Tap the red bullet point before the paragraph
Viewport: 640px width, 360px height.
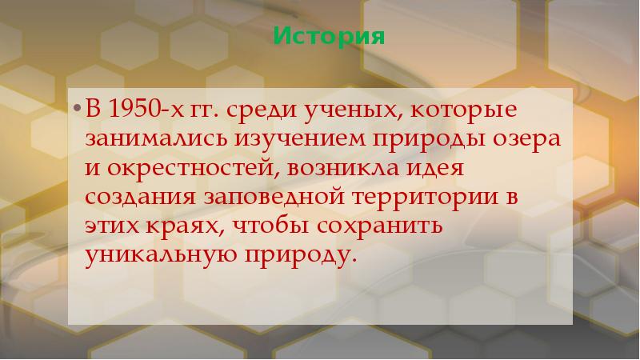point(77,109)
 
